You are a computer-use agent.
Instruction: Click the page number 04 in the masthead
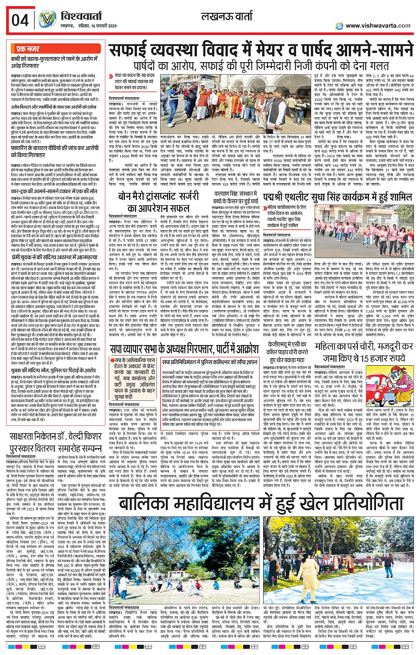pos(20,20)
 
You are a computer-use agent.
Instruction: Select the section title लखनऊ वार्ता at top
pos(227,17)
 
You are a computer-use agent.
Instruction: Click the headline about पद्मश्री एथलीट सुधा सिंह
pos(337,197)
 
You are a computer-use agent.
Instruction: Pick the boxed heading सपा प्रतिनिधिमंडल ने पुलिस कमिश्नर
pos(209,363)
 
